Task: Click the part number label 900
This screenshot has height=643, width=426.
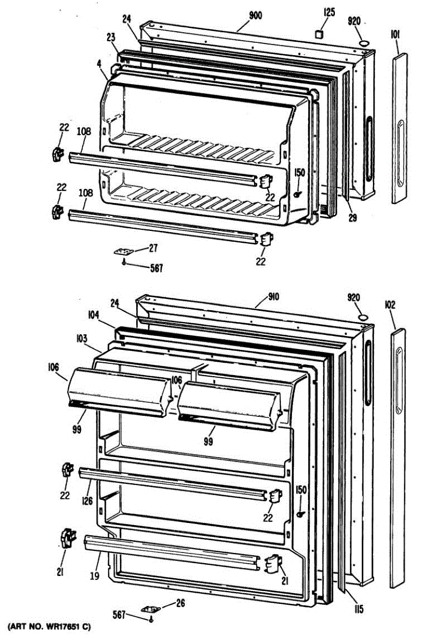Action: pos(255,16)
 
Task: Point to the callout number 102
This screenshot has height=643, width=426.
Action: pos(390,305)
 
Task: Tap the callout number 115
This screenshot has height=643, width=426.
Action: pos(358,609)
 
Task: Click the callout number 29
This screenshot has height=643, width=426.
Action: pos(352,218)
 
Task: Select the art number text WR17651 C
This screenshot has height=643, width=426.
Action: pos(48,626)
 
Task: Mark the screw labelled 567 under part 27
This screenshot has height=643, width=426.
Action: pos(124,261)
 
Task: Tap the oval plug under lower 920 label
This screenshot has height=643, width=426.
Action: pos(363,318)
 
